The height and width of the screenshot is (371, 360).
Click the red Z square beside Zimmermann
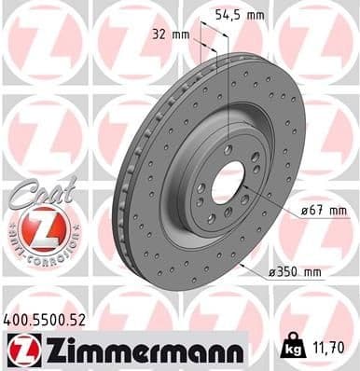coord(20,350)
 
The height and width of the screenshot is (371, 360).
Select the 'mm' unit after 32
coord(181,34)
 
